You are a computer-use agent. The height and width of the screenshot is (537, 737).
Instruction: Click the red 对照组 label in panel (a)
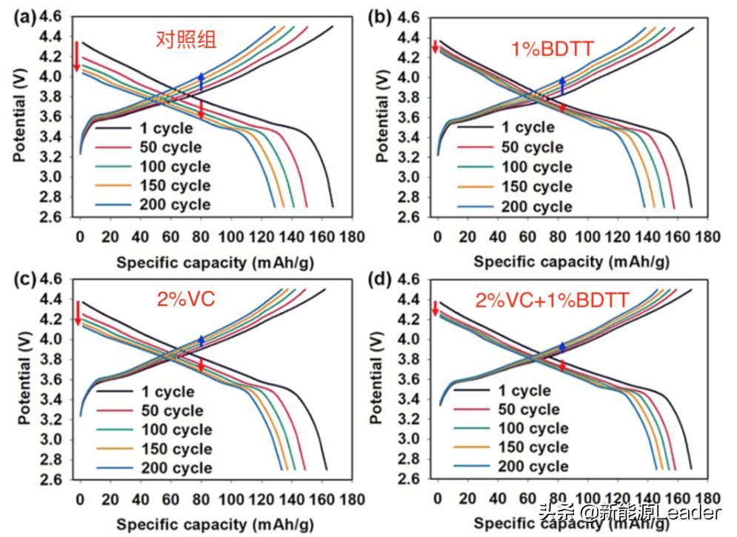[x=186, y=39]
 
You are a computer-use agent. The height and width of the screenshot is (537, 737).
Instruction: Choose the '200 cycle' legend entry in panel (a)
[x=175, y=205]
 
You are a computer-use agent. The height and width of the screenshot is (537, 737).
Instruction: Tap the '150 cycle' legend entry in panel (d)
[x=533, y=447]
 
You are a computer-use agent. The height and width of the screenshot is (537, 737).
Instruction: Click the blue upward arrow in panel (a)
[x=201, y=82]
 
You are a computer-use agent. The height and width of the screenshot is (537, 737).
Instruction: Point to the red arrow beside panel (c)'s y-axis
[x=77, y=313]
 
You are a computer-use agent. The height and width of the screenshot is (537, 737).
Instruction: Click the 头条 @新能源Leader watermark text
[x=630, y=513]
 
